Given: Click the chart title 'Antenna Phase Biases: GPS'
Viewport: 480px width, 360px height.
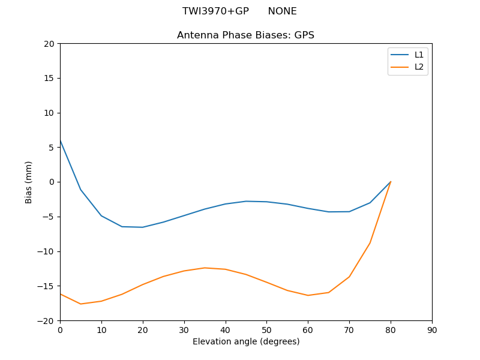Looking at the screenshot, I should tap(245, 35).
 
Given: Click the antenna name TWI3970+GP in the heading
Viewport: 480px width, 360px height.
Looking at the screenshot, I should tap(215, 11).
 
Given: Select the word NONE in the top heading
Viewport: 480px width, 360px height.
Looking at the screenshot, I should tap(282, 11).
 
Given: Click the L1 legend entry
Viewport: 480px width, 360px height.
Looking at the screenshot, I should tap(419, 55).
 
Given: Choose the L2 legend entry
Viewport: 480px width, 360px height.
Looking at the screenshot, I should tap(419, 67).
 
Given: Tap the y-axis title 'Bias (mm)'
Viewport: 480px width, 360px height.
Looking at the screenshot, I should tap(29, 182).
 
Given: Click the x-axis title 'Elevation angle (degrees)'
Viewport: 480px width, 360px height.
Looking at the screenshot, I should tap(245, 342).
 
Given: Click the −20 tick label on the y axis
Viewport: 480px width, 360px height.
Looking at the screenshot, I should tap(47, 321).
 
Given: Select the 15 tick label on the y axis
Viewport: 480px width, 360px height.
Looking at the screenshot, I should tap(49, 78).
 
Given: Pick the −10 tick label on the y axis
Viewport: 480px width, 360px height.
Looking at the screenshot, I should tap(47, 251).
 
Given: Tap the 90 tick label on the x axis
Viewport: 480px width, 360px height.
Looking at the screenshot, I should tap(431, 330).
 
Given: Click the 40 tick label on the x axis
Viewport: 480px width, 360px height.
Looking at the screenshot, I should tap(225, 330).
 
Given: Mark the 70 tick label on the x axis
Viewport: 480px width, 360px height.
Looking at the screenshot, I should tap(349, 330).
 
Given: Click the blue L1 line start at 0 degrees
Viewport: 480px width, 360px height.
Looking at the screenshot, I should tap(60, 140).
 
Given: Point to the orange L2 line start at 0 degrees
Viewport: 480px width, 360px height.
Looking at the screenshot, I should tap(60, 293).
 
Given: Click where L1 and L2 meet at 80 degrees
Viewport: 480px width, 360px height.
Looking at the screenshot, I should tap(391, 182).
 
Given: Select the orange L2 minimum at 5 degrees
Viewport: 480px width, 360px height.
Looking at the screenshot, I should tap(80, 304).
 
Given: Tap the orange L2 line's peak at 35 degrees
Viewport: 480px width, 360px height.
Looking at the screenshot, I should tap(205, 268).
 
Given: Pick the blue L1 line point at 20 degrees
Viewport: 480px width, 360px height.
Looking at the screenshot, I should tap(143, 227).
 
